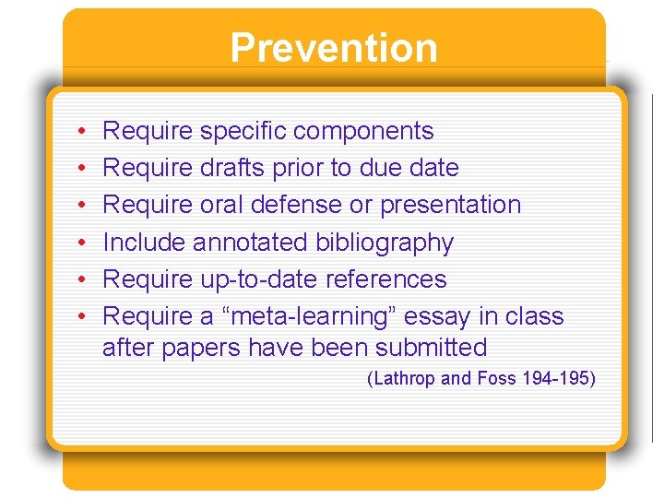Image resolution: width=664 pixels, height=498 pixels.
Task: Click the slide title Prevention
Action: [x=333, y=48]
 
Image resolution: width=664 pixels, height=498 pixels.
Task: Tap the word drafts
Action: [x=233, y=169]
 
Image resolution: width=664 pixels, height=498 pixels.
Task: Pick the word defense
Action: [x=294, y=205]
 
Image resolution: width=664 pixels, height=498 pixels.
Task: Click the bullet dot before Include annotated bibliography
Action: [x=82, y=243]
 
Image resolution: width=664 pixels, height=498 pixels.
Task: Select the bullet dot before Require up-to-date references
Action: [x=82, y=279]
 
